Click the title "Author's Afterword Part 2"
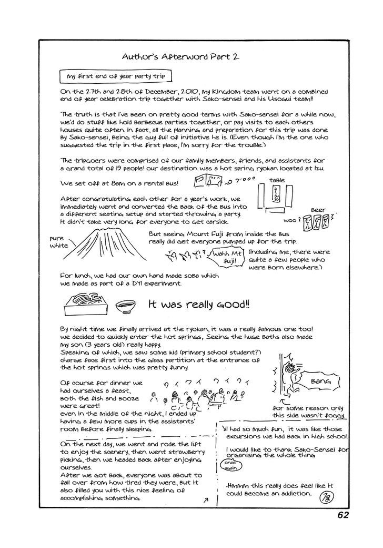pyautogui.click(x=180, y=56)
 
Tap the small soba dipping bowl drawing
pyautogui.click(x=124, y=305)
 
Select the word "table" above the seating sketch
pyautogui.click(x=277, y=181)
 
